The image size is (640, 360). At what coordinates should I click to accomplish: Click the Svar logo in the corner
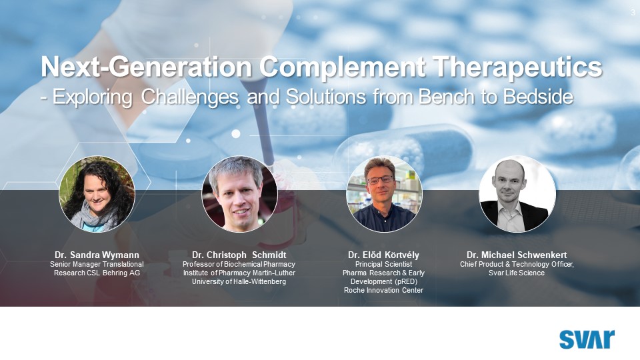pyautogui.click(x=587, y=339)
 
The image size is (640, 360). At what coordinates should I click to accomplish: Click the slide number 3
pyautogui.click(x=633, y=13)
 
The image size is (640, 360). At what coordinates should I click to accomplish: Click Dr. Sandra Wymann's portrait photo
pyautogui.click(x=97, y=194)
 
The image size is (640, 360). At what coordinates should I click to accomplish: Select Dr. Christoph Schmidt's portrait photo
pyautogui.click(x=239, y=194)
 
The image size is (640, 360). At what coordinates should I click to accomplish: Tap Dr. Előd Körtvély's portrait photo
pyautogui.click(x=383, y=194)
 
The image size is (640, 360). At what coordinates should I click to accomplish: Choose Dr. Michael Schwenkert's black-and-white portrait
pyautogui.click(x=517, y=194)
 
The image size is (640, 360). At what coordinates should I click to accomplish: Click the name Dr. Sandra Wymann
pyautogui.click(x=97, y=255)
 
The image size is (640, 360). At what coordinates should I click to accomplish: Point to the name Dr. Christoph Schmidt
pyautogui.click(x=239, y=255)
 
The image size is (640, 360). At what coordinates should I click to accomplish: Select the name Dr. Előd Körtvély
pyautogui.click(x=383, y=255)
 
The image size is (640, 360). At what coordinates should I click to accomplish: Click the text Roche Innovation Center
pyautogui.click(x=383, y=290)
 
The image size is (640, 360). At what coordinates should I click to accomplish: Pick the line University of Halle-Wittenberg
pyautogui.click(x=239, y=281)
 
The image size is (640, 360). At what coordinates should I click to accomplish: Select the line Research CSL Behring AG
pyautogui.click(x=97, y=273)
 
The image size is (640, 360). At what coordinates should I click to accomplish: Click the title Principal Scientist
pyautogui.click(x=383, y=265)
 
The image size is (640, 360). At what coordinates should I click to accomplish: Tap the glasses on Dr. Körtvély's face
pyautogui.click(x=381, y=179)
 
